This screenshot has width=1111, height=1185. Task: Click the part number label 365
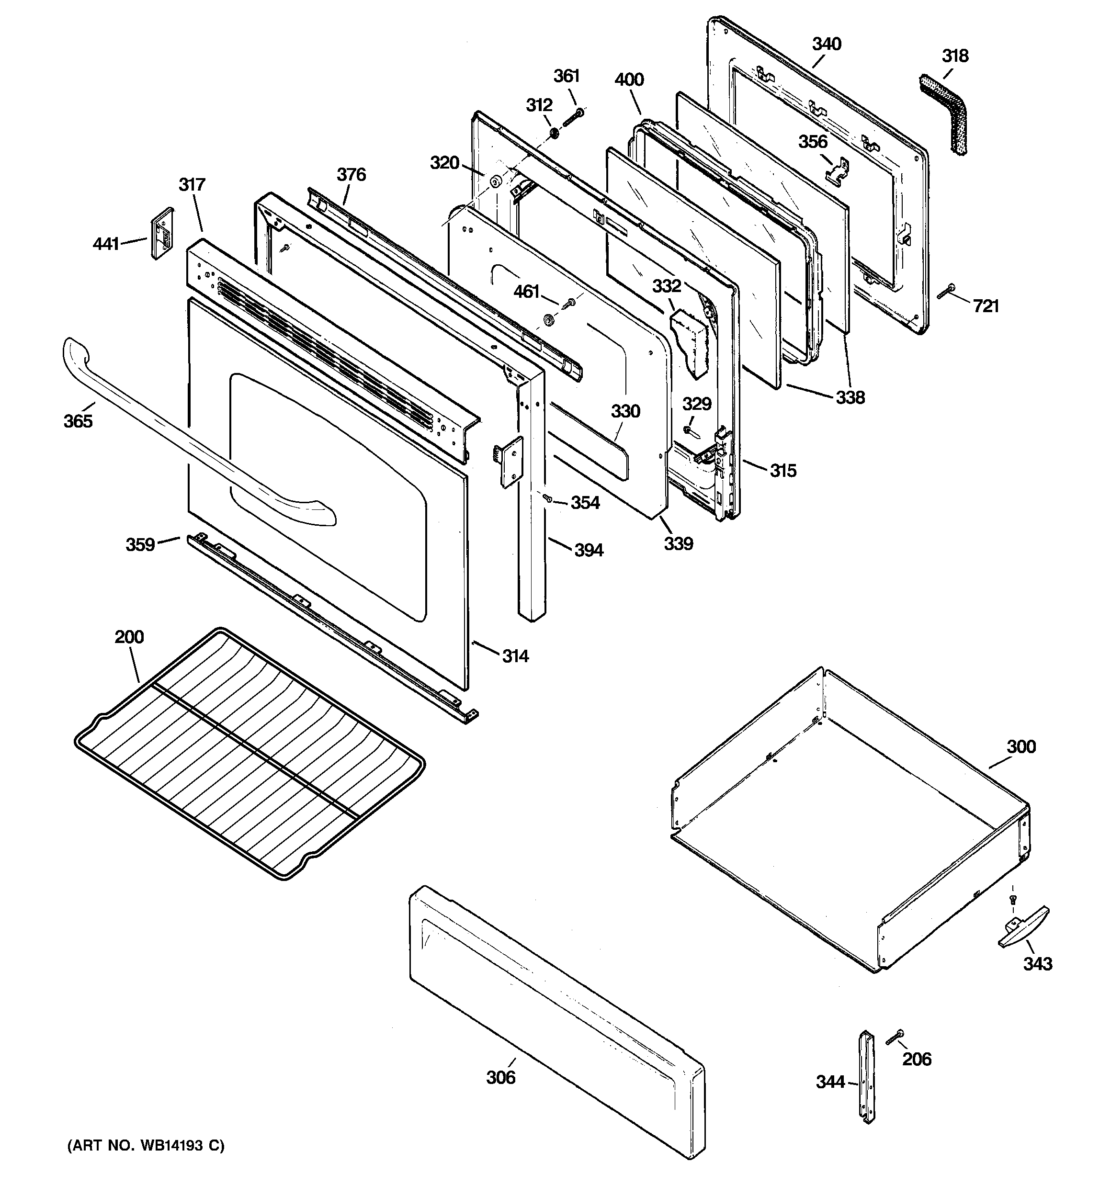point(78,421)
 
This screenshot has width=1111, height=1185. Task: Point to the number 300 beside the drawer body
point(1021,746)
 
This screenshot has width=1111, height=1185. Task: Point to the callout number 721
point(986,306)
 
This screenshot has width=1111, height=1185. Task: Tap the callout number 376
point(351,175)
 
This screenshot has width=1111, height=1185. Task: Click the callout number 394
point(589,550)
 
